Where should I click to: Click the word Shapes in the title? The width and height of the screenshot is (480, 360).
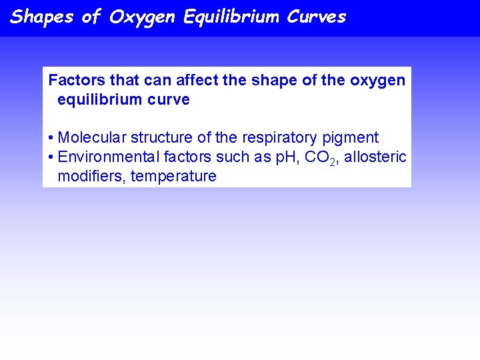pyautogui.click(x=41, y=17)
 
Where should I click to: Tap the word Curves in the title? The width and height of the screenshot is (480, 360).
pyautogui.click(x=317, y=17)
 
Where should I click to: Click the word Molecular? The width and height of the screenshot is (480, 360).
pyautogui.click(x=92, y=138)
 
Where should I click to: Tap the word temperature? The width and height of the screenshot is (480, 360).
pyautogui.click(x=173, y=177)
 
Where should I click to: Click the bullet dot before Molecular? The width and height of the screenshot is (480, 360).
pyautogui.click(x=51, y=139)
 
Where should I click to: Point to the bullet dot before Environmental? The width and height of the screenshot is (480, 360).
pyautogui.click(x=51, y=158)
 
